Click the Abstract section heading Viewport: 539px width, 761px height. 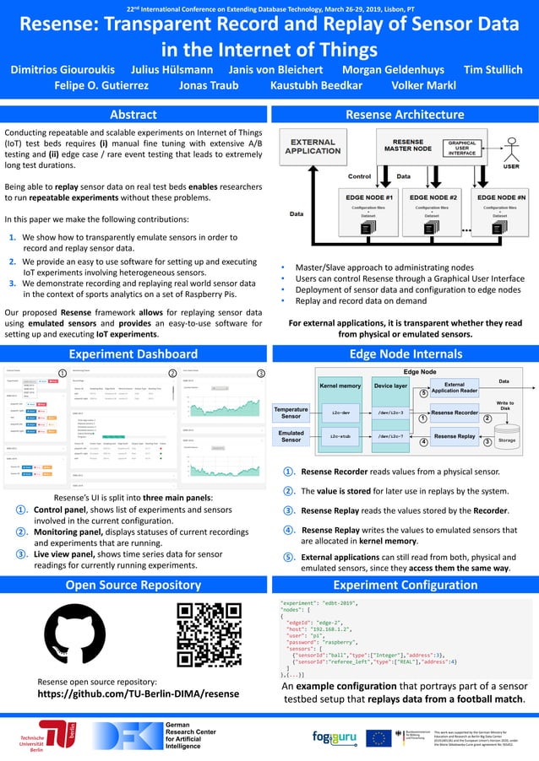pos(133,114)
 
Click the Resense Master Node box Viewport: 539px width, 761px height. pos(408,146)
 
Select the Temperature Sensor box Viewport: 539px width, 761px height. pos(291,413)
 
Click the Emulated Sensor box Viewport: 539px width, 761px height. pos(291,437)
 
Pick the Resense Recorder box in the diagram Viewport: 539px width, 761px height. pos(454,413)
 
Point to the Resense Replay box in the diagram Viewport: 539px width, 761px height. pos(454,436)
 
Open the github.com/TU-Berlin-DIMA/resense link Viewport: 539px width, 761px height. pos(139,694)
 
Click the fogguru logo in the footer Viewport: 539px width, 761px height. pos(332,737)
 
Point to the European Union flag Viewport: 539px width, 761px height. pos(378,737)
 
